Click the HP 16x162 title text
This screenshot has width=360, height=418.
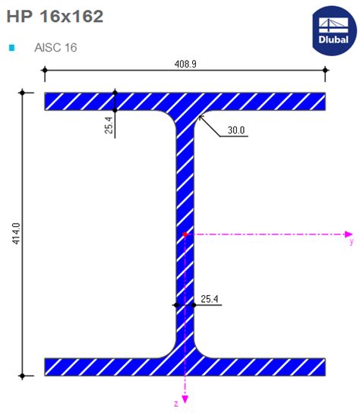click(x=55, y=16)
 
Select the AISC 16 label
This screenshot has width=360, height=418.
click(x=55, y=48)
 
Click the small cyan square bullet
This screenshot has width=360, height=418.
click(x=11, y=48)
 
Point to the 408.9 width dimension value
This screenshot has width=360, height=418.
click(x=185, y=64)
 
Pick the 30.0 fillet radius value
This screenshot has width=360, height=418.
click(x=236, y=130)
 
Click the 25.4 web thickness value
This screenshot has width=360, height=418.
click(x=210, y=299)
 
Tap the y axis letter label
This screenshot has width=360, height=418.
click(x=351, y=243)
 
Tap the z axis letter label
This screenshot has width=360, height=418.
click(x=175, y=403)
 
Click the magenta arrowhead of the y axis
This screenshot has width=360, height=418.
click(x=349, y=234)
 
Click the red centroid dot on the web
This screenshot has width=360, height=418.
click(x=185, y=235)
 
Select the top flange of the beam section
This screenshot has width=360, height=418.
click(x=91, y=102)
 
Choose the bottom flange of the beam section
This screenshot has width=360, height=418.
click(x=91, y=367)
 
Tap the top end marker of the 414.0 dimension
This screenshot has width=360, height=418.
click(x=23, y=93)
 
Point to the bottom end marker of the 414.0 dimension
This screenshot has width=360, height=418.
click(x=23, y=376)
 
